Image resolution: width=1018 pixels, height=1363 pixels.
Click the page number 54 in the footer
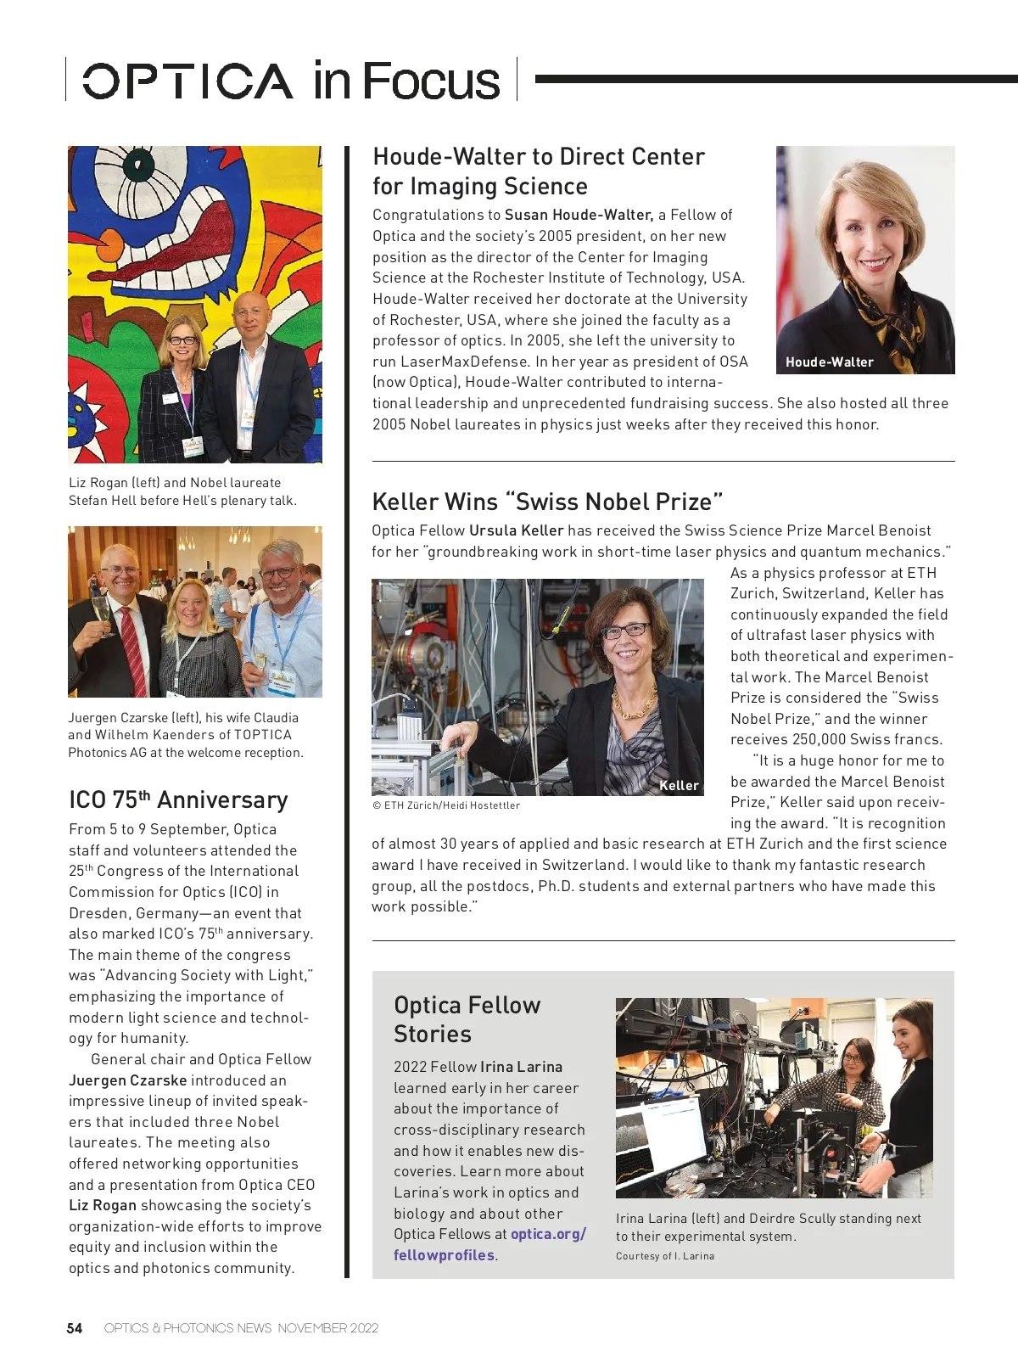75,1328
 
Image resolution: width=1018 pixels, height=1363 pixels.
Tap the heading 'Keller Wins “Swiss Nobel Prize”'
547,502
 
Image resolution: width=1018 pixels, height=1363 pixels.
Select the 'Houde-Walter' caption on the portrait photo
829,362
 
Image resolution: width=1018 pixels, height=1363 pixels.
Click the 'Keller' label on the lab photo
679,786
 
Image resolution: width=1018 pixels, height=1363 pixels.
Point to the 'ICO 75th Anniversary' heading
178,799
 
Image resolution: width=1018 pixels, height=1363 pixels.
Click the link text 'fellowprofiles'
444,1255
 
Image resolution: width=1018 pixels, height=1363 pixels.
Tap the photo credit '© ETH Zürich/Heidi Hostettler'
446,805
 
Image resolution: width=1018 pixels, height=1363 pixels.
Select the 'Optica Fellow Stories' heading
467,1019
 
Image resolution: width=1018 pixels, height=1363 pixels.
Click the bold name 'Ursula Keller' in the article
516,530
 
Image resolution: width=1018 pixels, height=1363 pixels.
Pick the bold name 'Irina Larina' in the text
521,1067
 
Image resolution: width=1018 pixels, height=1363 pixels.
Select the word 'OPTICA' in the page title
187,81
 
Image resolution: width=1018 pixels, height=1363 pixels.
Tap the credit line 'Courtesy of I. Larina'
665,1256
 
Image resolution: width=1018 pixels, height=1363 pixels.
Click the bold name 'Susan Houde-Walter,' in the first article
579,215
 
